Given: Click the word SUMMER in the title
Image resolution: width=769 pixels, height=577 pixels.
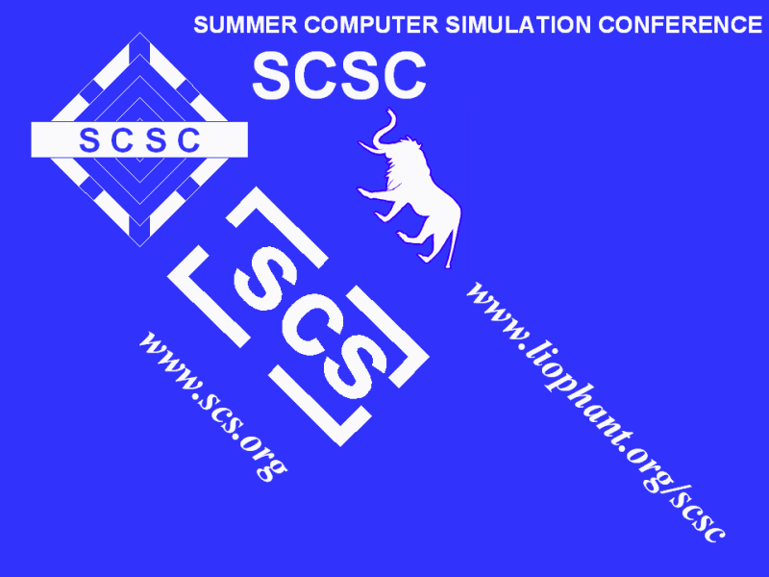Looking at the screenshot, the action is click(x=245, y=25).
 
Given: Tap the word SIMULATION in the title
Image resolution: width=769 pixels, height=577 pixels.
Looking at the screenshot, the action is click(x=518, y=25).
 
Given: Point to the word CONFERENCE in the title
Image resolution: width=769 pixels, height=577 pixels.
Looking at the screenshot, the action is click(x=681, y=25).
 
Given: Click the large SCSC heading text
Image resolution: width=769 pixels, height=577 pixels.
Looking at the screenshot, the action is click(x=339, y=76).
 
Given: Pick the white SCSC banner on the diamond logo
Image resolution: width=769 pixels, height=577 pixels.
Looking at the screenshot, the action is click(x=139, y=139).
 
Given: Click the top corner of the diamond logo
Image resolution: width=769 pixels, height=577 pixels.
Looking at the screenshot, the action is click(x=139, y=33).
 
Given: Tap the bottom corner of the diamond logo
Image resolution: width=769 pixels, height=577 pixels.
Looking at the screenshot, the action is click(x=139, y=246).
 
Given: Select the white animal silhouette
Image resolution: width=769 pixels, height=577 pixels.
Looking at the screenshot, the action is click(x=409, y=188).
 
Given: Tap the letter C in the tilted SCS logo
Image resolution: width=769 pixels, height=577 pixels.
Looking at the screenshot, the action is click(x=310, y=324).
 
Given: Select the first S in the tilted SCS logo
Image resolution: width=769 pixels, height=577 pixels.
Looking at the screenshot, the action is click(x=266, y=278).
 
